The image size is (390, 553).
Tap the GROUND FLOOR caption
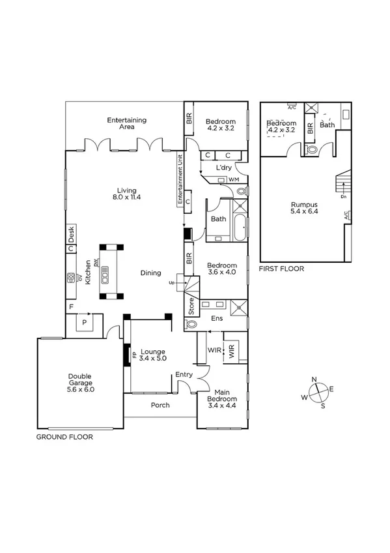point(64,437)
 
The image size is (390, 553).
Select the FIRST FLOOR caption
point(281,268)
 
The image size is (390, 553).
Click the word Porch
point(160,405)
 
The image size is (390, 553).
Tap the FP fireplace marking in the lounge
point(135,355)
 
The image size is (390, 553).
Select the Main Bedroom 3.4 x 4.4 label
point(222,398)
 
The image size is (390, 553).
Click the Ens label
point(216,319)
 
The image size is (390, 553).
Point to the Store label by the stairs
point(191,306)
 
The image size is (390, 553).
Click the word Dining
point(150,273)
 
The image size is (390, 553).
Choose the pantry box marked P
point(84,322)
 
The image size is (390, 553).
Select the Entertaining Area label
point(127,123)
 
